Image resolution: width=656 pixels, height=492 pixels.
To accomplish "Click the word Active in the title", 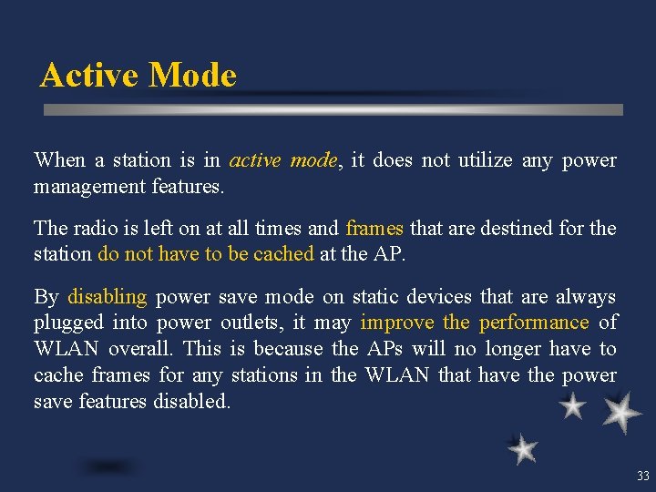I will pos(90,75).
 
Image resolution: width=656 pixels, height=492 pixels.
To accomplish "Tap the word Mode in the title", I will pos(192,75).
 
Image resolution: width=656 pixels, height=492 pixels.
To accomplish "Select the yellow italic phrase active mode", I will pos(283,160).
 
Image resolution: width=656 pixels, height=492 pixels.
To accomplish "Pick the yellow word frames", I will pos(374,228).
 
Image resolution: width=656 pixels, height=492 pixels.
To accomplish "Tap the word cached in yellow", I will pos(281,254).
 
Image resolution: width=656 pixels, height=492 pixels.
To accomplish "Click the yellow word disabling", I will pos(107,296).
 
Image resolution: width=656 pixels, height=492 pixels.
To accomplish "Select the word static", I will pos(373,296).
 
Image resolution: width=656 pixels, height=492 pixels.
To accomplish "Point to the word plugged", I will pos(68,323).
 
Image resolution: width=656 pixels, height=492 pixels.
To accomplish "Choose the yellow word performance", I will pos(534,323).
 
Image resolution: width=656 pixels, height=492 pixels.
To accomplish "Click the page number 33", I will pos(643,476).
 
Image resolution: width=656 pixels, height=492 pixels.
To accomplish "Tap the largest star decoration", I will pos(621,414).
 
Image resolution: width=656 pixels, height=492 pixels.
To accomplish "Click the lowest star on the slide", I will pos(523,448).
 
